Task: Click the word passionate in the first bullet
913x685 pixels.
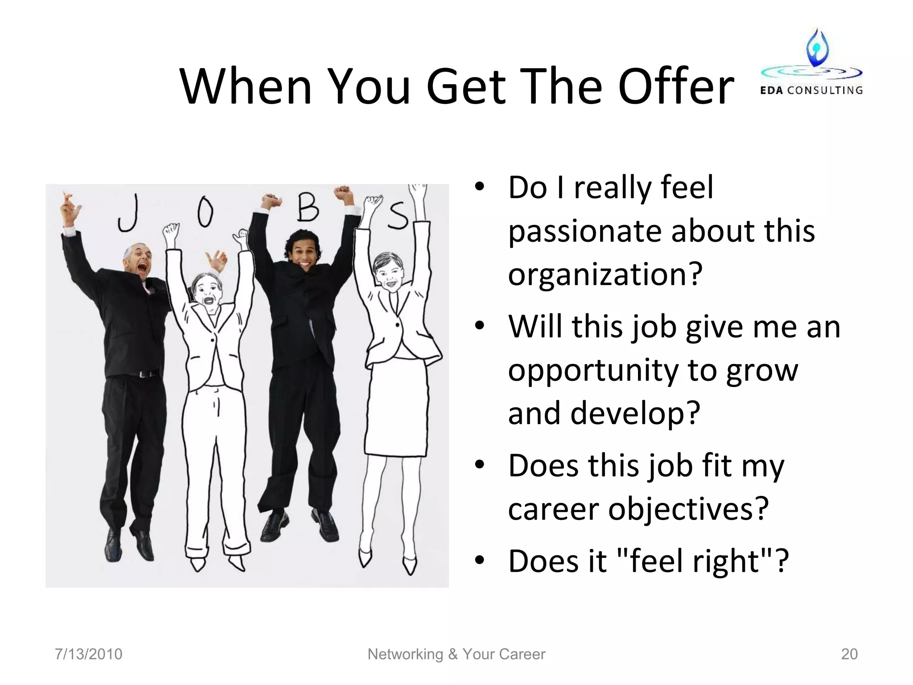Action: (582, 231)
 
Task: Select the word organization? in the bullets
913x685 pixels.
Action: (605, 274)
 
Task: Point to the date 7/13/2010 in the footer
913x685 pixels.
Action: (88, 654)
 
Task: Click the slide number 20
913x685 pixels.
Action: (849, 654)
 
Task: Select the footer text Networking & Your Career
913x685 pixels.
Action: (456, 654)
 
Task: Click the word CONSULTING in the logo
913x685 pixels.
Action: (825, 91)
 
